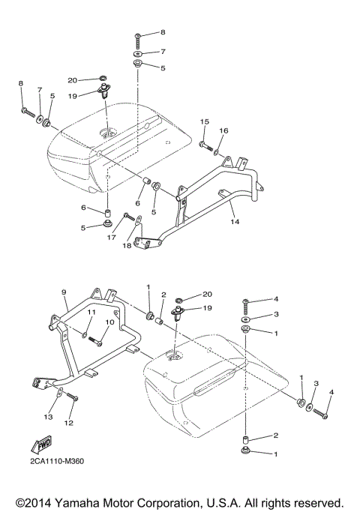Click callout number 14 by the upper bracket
[x=234, y=223]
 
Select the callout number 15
[x=203, y=121]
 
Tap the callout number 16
[x=223, y=130]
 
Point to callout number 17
[x=112, y=238]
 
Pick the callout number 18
[x=127, y=246]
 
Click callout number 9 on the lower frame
[x=64, y=292]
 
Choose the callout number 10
[x=109, y=323]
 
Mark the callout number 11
[x=89, y=312]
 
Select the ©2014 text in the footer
[x=40, y=501]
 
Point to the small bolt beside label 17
[x=130, y=217]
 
